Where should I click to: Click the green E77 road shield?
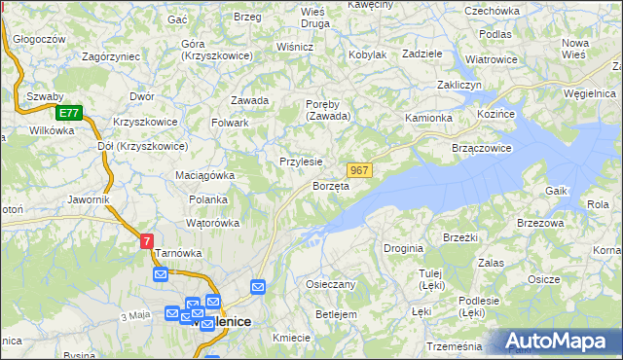[x=67, y=113]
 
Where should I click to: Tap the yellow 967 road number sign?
[x=359, y=170]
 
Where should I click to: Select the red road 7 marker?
[x=146, y=240]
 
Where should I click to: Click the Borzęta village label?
[x=330, y=186]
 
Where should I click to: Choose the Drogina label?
[x=403, y=249]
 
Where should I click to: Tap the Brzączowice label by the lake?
[x=482, y=148]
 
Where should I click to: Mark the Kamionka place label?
[x=429, y=118]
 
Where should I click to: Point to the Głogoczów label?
[x=40, y=39]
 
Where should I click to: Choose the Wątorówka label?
[x=212, y=223]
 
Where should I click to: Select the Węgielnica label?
[x=589, y=92]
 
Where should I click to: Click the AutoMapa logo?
[x=559, y=341]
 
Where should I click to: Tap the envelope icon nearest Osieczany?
[x=258, y=286]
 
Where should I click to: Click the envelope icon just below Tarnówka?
[x=161, y=275]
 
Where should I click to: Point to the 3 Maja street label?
[x=135, y=317]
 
